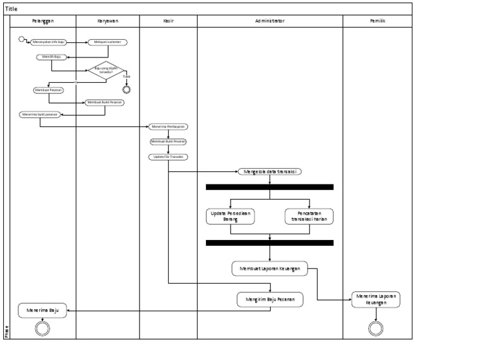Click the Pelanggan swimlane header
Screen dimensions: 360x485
(x=43, y=21)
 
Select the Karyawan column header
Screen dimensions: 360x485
(x=107, y=21)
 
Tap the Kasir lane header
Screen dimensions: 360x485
(x=168, y=21)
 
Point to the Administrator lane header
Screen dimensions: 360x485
(x=270, y=21)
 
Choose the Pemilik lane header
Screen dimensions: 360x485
(x=378, y=21)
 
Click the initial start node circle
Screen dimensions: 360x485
(x=22, y=40)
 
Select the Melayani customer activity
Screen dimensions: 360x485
(x=107, y=42)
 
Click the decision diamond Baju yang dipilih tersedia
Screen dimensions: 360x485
(x=106, y=71)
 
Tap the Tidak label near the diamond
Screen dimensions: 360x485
(x=126, y=76)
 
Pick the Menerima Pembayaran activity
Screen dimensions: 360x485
(x=168, y=126)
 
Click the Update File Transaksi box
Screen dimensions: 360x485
(x=168, y=157)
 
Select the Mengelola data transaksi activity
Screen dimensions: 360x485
(x=270, y=171)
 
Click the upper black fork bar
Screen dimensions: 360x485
(x=270, y=187)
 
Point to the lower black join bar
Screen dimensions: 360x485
(x=270, y=243)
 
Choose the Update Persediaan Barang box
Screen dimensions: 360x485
(x=230, y=216)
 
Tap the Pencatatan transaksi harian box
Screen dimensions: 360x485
(x=309, y=216)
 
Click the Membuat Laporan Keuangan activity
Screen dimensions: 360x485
(x=270, y=268)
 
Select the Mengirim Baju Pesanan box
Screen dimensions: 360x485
(x=270, y=299)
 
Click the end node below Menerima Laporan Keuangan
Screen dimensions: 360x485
(x=376, y=328)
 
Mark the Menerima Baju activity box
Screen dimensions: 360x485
(x=42, y=310)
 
